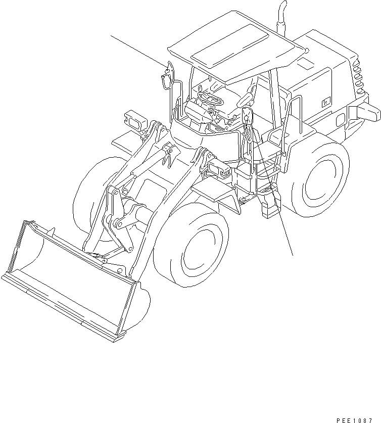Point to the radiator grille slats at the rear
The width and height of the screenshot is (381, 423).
(359, 76)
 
